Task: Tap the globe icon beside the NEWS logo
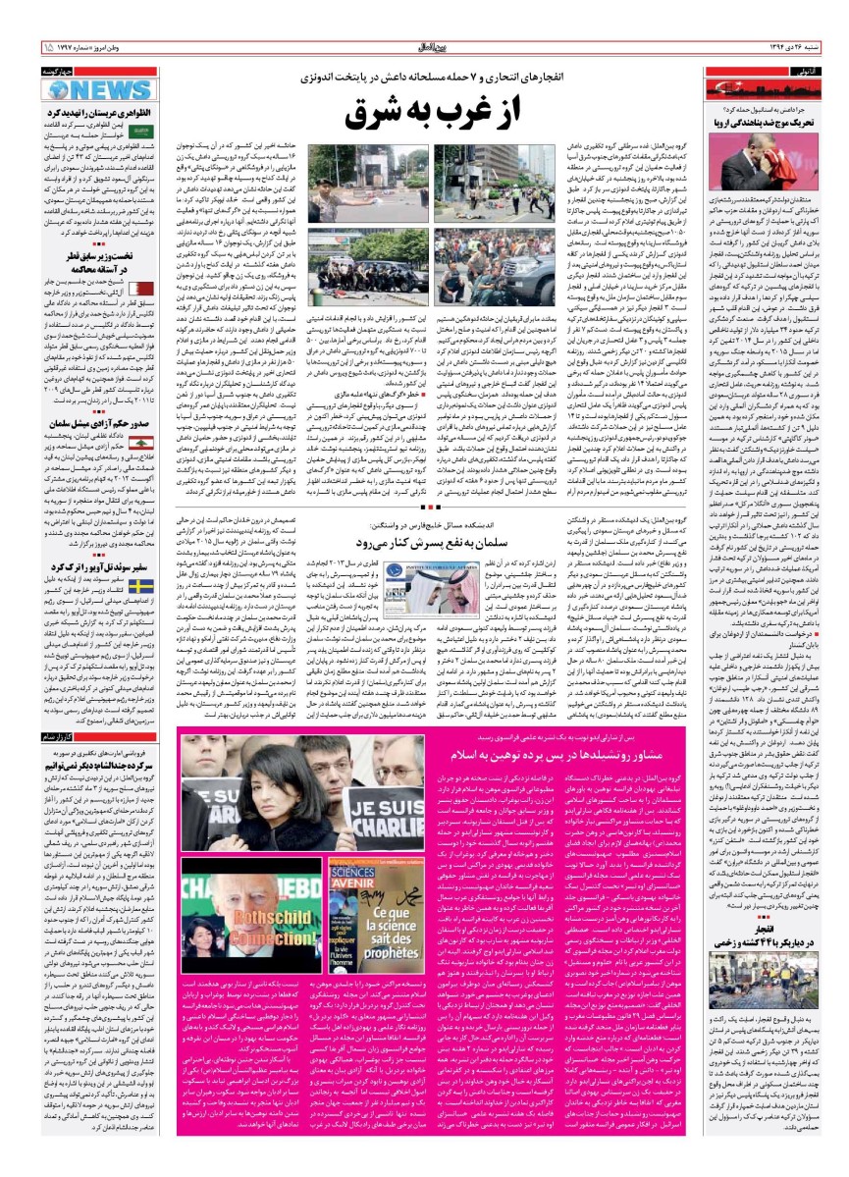58,90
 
